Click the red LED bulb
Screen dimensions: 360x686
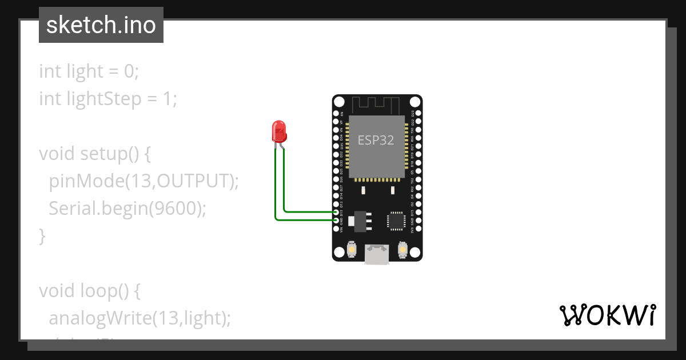[x=279, y=132]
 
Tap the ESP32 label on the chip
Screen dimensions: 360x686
[x=376, y=140]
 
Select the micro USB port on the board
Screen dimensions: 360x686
[x=377, y=254]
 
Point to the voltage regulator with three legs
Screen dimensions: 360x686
[x=360, y=221]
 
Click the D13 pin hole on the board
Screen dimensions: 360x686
[x=336, y=212]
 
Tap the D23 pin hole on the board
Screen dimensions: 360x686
[x=418, y=113]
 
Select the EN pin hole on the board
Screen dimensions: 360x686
[x=336, y=113]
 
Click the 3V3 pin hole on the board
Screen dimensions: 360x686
[x=418, y=229]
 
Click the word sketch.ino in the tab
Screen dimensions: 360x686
[x=101, y=25]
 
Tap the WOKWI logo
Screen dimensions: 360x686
[x=607, y=315]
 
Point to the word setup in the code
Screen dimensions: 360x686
[x=101, y=154]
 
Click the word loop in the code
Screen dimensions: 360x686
[x=101, y=291]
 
